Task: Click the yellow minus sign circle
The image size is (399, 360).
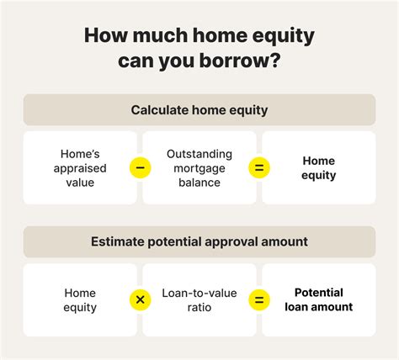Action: click(x=140, y=167)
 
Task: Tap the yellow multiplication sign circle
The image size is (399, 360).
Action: click(x=140, y=300)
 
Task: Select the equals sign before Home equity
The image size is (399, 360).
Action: click(x=259, y=167)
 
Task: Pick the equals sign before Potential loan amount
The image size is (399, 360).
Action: click(x=259, y=300)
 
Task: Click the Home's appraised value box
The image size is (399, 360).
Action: click(x=80, y=167)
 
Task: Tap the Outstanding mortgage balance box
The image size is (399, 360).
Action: click(x=199, y=167)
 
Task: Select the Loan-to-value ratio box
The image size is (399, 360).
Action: click(x=199, y=300)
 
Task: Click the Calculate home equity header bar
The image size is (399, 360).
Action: click(x=199, y=109)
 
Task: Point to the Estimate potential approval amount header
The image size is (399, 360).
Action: click(x=199, y=241)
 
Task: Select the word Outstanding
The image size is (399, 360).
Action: click(x=199, y=153)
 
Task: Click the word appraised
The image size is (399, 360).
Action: click(x=80, y=167)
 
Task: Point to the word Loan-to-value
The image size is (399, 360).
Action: click(x=199, y=293)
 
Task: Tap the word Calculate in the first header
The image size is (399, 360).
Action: click(x=158, y=109)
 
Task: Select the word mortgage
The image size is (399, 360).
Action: click(x=199, y=167)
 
